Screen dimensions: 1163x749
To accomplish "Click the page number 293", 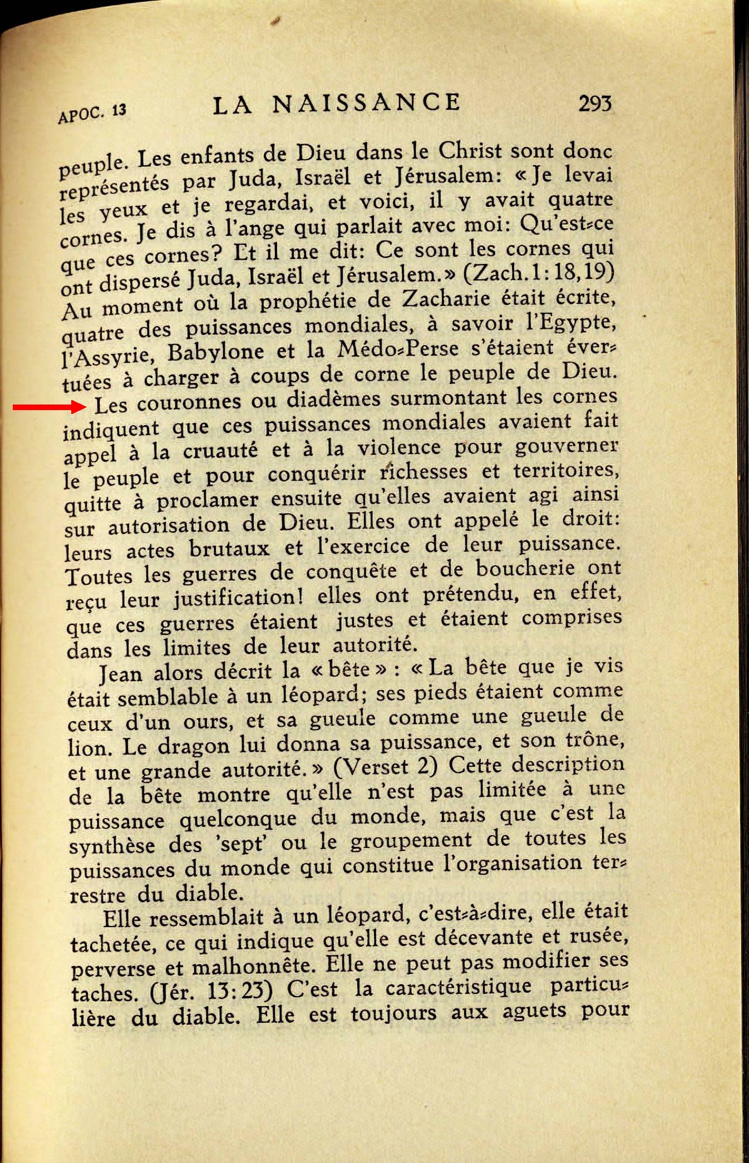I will [595, 103].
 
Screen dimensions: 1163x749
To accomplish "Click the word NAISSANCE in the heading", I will [366, 103].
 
